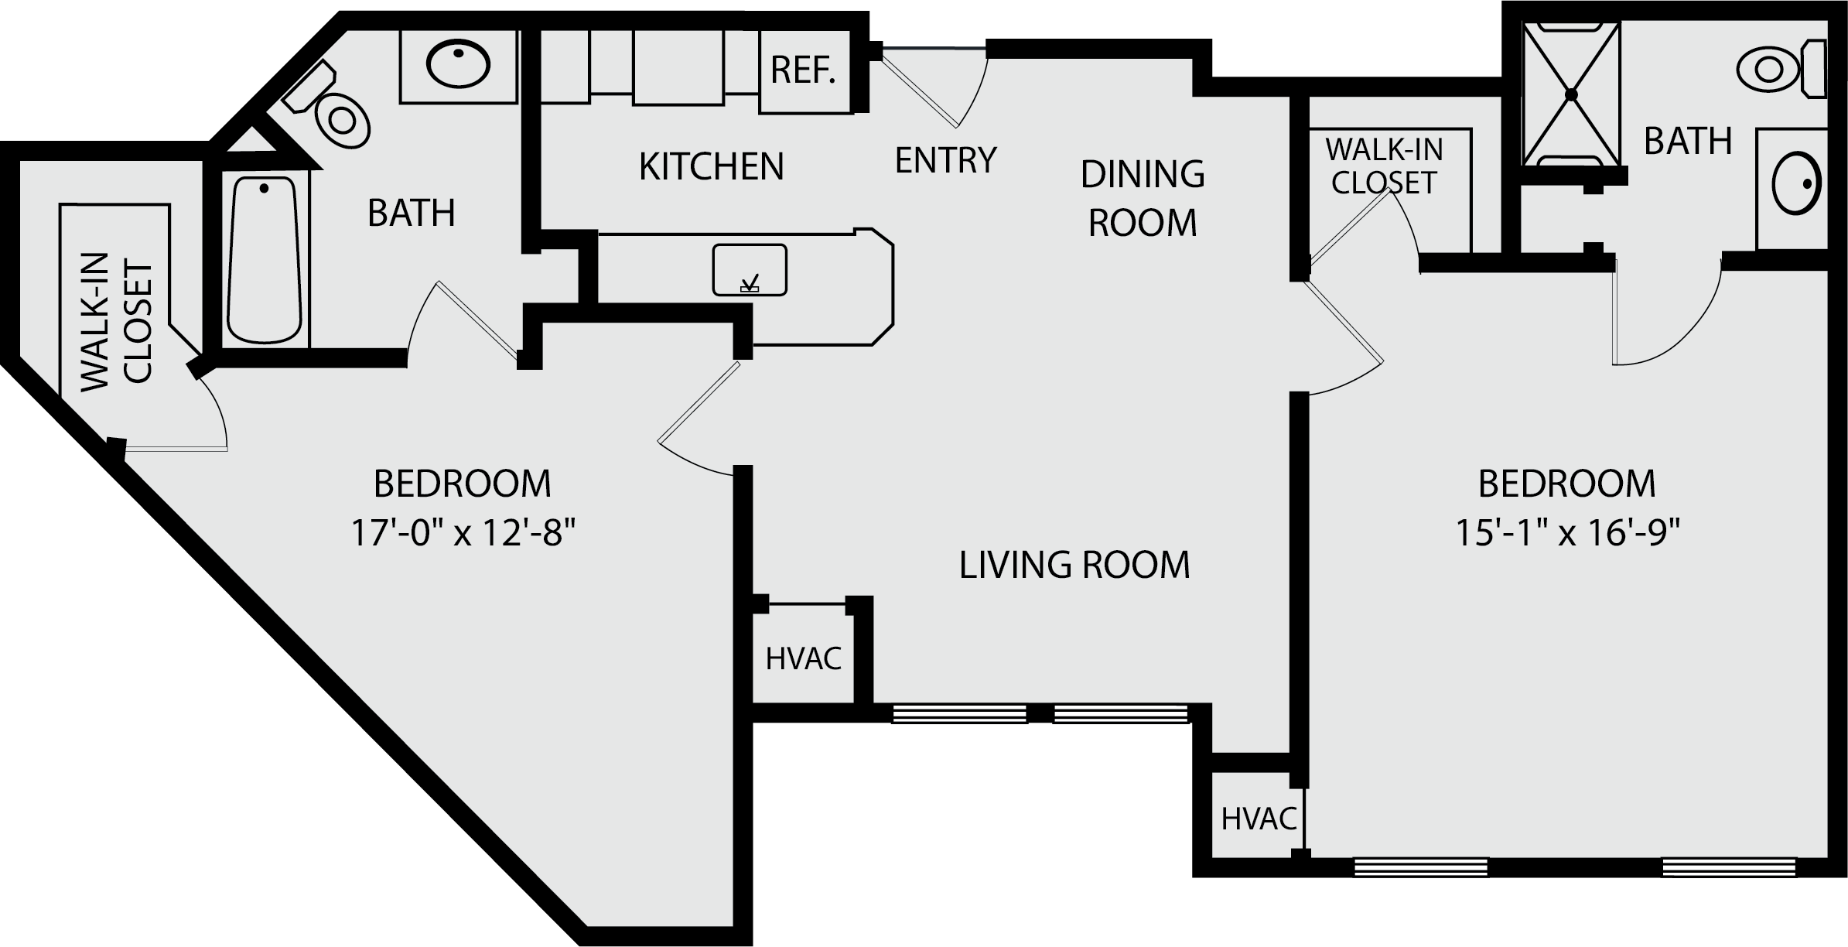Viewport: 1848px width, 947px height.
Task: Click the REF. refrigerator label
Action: click(803, 71)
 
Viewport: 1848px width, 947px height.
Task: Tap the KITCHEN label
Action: click(711, 166)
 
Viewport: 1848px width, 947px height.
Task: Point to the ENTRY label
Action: click(945, 160)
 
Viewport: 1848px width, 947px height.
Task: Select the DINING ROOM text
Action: click(1143, 198)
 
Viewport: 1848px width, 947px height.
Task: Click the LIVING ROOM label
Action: click(1074, 565)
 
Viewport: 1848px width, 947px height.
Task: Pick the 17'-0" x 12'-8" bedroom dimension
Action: click(463, 533)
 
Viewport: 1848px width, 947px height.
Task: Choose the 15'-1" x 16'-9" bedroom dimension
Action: click(1568, 533)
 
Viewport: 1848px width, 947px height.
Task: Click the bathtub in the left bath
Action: click(265, 260)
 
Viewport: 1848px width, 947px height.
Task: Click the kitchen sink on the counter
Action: click(750, 270)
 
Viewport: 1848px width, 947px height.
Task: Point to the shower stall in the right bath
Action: click(1571, 94)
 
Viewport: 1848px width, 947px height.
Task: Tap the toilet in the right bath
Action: click(1781, 70)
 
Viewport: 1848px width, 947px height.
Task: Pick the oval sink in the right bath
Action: click(1797, 183)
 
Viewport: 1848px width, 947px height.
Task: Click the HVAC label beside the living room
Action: click(804, 659)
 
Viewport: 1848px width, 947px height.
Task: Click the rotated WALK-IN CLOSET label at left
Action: click(116, 321)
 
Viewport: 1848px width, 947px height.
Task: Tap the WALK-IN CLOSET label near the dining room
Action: click(1384, 166)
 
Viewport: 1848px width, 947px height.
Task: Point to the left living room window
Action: click(959, 713)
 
